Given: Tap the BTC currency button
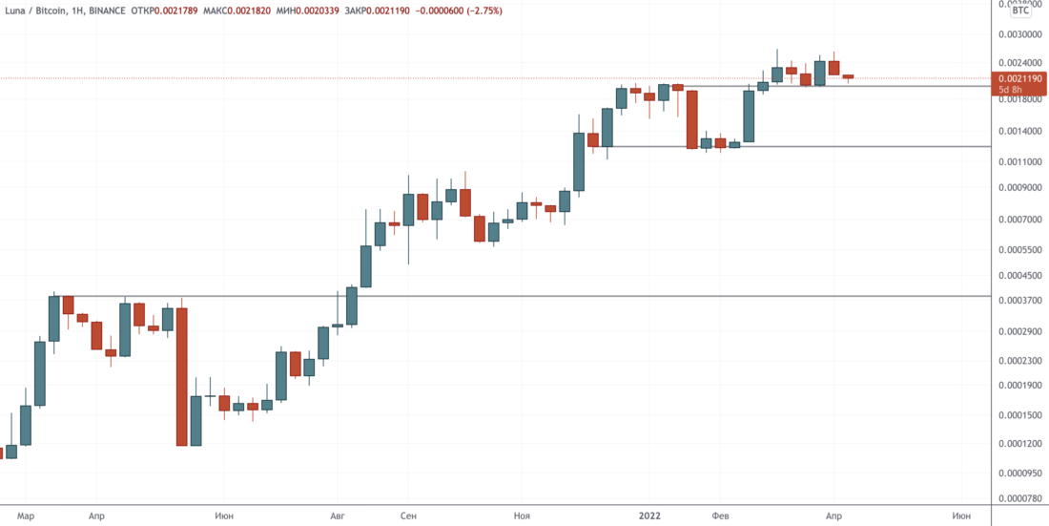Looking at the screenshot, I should tap(1020, 11).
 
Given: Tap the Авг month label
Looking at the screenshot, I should tap(336, 515).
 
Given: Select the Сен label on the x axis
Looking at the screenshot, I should tap(408, 515).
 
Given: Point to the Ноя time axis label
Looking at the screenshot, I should tap(521, 515).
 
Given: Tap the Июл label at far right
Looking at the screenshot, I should tap(962, 515).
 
